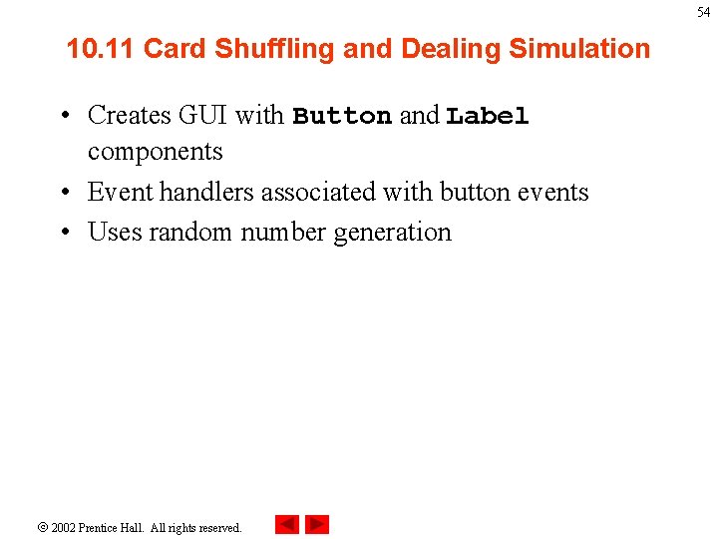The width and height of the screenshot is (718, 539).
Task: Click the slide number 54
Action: [704, 12]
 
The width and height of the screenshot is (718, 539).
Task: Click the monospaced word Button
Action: [342, 117]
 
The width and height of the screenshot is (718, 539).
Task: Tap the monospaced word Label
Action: [488, 117]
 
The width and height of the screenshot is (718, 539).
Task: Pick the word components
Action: [155, 152]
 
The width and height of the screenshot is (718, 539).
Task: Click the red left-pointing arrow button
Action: [286, 524]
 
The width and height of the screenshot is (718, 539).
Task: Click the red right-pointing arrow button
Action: [317, 524]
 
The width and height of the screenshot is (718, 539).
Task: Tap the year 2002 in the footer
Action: [64, 527]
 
